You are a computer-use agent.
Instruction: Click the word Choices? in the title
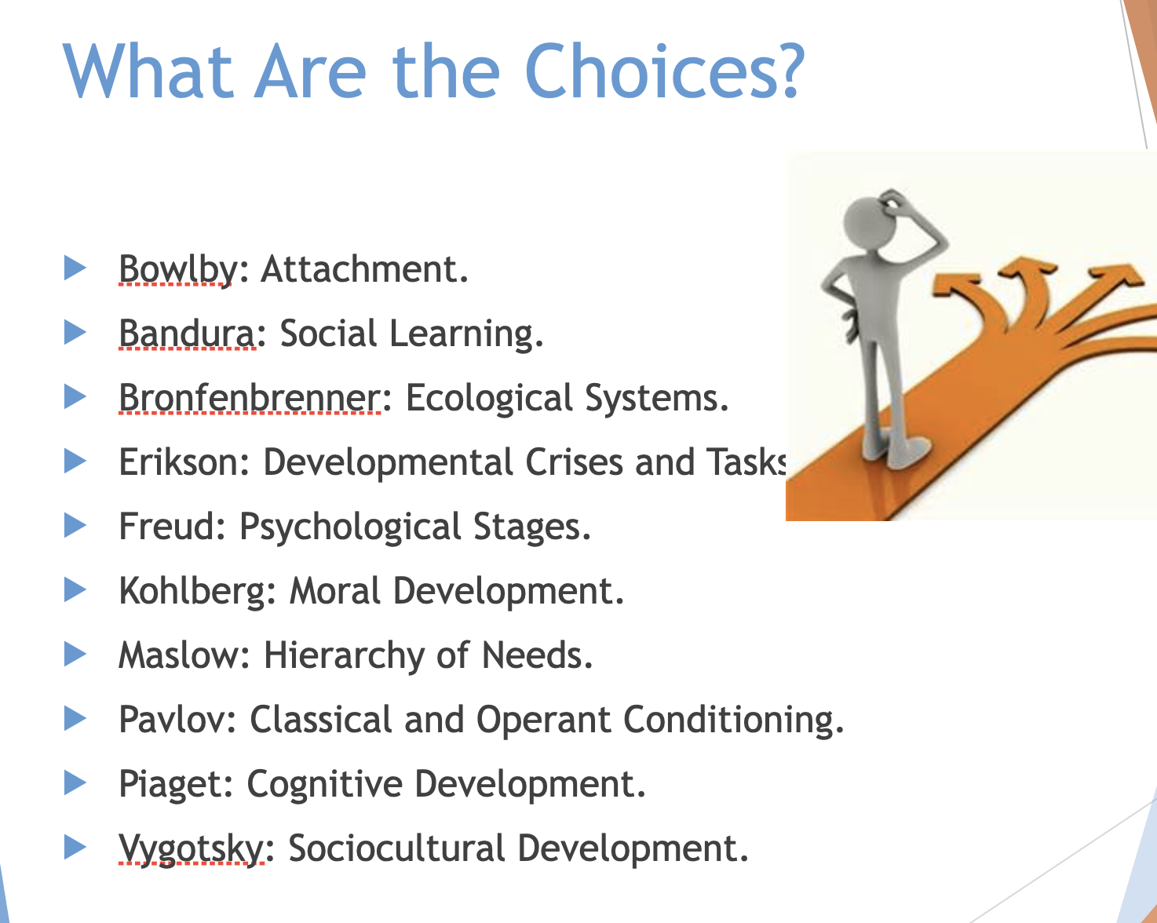pos(665,71)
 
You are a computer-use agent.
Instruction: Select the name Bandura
pos(186,334)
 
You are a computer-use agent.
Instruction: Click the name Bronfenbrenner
pos(250,398)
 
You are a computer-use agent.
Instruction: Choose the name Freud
pos(166,527)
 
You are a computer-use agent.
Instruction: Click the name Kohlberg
pos(192,591)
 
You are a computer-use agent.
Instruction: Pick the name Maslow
pos(178,655)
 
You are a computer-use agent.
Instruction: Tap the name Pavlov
pos(172,719)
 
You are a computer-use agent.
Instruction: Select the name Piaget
pos(170,784)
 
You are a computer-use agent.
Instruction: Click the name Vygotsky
pos(190,848)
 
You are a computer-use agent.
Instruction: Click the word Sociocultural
pos(396,848)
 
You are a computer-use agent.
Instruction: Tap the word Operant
pos(543,721)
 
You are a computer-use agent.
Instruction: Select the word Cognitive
pos(324,784)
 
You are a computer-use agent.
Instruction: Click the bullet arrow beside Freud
pos(75,525)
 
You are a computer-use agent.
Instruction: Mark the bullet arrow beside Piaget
pos(75,783)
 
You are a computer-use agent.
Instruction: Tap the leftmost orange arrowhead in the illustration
pos(954,285)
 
